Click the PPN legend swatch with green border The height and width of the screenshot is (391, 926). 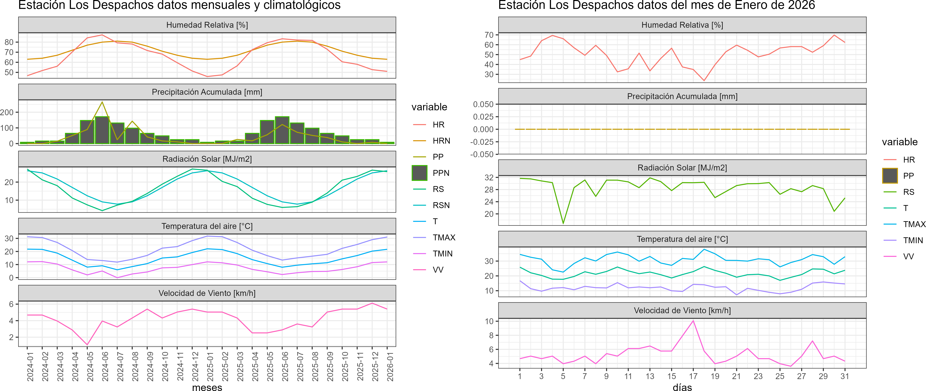point(420,173)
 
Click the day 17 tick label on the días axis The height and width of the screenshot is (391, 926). point(693,376)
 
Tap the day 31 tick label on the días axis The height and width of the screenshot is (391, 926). point(845,376)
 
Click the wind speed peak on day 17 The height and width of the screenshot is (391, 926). point(693,321)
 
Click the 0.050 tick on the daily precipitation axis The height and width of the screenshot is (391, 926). point(483,104)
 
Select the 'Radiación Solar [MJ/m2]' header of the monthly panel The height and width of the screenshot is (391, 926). point(207,159)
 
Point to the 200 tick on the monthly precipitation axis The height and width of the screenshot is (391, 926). point(7,113)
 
